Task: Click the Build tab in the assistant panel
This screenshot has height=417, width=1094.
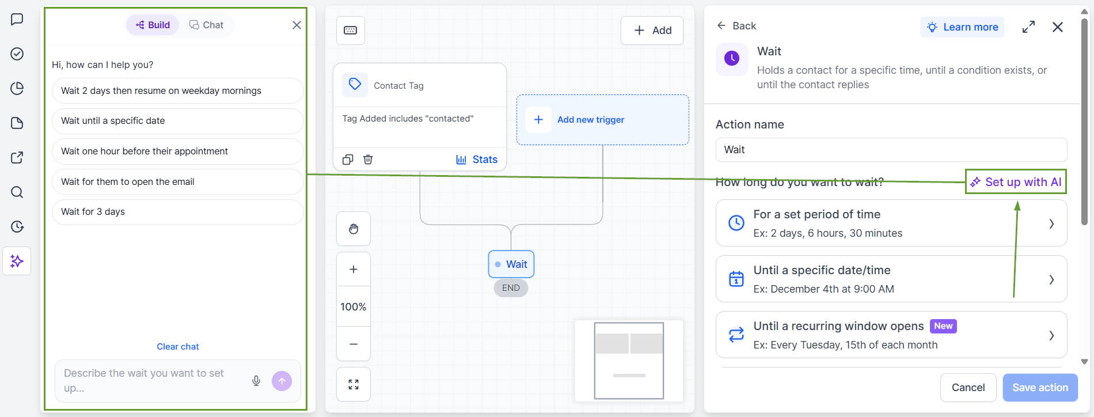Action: [153, 25]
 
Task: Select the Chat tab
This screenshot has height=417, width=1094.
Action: [206, 25]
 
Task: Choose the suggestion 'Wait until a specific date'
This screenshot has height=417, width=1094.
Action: [177, 121]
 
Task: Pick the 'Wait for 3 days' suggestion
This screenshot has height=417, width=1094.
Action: [177, 212]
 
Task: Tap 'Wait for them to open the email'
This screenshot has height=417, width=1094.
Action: [177, 181]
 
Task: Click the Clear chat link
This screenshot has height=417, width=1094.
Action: [178, 347]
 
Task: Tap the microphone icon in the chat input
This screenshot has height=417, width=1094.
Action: [256, 381]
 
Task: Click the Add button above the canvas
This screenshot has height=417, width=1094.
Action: [652, 31]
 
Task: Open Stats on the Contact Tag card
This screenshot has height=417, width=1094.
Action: [477, 160]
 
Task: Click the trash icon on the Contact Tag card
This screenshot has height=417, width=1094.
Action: [368, 160]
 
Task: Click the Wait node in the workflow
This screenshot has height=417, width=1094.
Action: [511, 264]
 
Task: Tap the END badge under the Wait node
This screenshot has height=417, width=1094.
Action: [511, 288]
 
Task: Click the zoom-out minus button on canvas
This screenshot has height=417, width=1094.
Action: [354, 344]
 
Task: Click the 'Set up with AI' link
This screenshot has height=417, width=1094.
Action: [1016, 182]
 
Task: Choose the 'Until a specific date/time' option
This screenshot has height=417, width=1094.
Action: [891, 279]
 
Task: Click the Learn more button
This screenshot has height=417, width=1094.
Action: [962, 27]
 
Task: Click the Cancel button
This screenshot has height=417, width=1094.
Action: [968, 388]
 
